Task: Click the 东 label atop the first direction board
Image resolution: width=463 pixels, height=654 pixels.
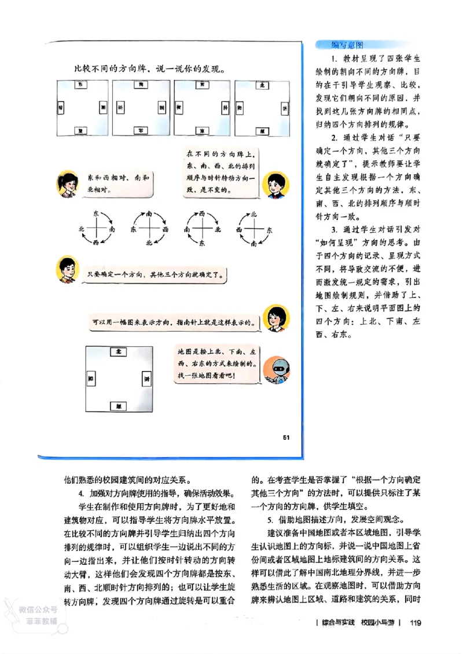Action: pos(82,84)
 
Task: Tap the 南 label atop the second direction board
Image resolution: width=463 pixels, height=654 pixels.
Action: pos(141,84)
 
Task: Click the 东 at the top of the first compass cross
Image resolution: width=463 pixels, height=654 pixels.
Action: pos(96,213)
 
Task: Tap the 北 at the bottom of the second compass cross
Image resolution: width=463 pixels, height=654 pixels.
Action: pos(149,243)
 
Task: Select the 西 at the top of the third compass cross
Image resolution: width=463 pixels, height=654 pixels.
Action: pos(201,213)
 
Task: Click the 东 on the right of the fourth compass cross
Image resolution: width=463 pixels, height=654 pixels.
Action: pos(269,229)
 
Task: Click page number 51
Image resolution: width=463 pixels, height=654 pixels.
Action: pos(286,437)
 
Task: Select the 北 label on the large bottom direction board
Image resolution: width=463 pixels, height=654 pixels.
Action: pos(119,352)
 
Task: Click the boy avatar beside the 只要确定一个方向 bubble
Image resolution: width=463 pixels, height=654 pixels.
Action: pos(68,270)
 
